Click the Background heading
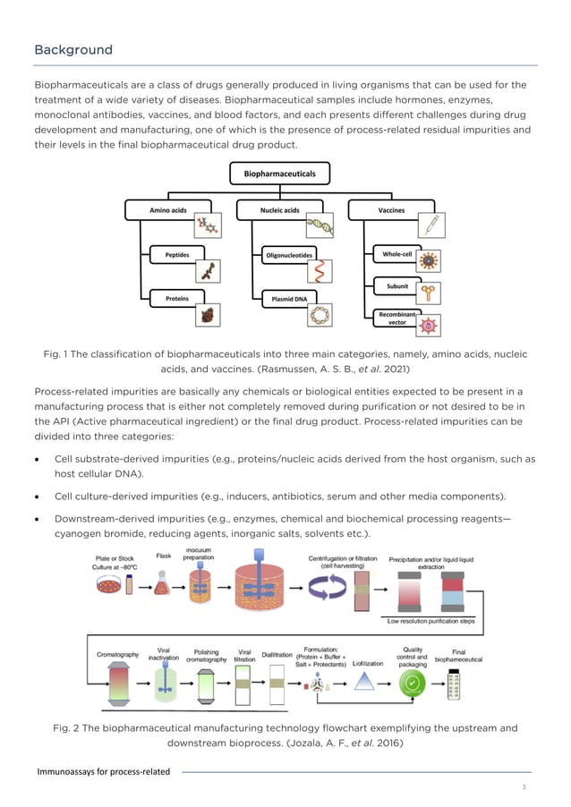coord(73,50)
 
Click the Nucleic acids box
coord(279,210)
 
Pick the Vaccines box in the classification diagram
coord(391,210)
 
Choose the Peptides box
coord(177,255)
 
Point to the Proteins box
coord(176,298)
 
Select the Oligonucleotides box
coord(287,255)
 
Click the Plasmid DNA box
coord(287,298)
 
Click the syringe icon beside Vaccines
coord(430,223)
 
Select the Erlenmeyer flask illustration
coord(164,587)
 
